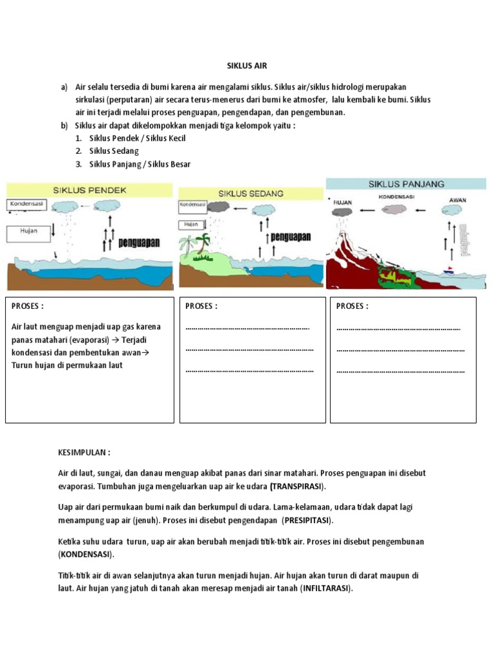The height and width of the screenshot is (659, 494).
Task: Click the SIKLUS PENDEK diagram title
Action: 90,190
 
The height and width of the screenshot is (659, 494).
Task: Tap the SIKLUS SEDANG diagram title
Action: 250,193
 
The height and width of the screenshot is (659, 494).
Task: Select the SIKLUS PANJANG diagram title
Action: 406,183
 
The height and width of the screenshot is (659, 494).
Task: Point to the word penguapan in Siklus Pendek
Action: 141,243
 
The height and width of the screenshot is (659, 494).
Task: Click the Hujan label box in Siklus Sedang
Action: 191,224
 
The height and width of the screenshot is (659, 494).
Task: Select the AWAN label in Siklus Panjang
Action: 457,200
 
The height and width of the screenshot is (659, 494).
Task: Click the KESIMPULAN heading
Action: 84,452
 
